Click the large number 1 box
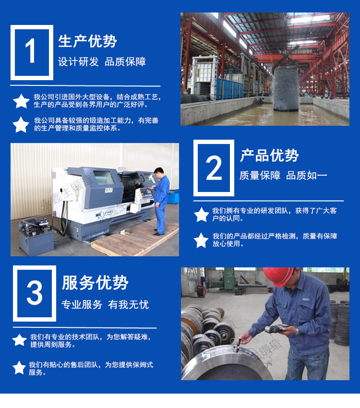click(x=32, y=52)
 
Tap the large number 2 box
click(x=214, y=168)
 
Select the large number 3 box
click(x=35, y=293)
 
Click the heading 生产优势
click(x=87, y=41)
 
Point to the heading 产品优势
click(x=269, y=156)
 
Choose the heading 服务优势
click(x=95, y=283)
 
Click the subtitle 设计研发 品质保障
click(x=102, y=62)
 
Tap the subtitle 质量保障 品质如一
click(x=283, y=176)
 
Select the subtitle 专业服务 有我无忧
click(x=105, y=304)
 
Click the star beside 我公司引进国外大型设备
click(x=21, y=101)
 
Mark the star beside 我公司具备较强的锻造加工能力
click(x=21, y=124)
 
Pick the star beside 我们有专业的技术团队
click(x=19, y=340)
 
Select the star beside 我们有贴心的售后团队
click(x=19, y=368)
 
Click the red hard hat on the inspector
click(x=278, y=276)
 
